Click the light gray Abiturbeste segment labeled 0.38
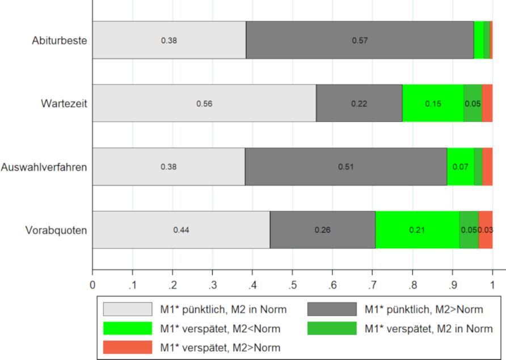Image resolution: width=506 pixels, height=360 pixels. pyautogui.click(x=169, y=40)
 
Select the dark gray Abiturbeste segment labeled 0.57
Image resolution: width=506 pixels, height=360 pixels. pyautogui.click(x=360, y=40)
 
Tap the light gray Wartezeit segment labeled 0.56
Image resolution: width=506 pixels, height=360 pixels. pyautogui.click(x=204, y=103)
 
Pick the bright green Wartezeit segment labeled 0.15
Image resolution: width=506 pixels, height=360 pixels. pyautogui.click(x=433, y=103)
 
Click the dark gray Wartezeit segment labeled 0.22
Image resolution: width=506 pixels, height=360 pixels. pyautogui.click(x=359, y=103)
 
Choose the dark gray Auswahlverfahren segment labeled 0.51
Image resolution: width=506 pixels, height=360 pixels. pyautogui.click(x=346, y=167)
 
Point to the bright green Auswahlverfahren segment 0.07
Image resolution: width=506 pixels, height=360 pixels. pyautogui.click(x=460, y=167)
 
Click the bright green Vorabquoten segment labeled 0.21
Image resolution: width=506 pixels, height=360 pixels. pyautogui.click(x=417, y=230)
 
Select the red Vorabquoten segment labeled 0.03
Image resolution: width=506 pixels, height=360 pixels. pyautogui.click(x=486, y=230)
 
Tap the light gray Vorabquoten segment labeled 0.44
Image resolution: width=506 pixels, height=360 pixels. pyautogui.click(x=181, y=230)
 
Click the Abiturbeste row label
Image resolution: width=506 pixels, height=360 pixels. pyautogui.click(x=59, y=40)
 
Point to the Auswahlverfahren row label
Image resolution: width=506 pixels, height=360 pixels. pyautogui.click(x=44, y=167)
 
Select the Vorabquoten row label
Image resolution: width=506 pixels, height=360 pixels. pyautogui.click(x=56, y=230)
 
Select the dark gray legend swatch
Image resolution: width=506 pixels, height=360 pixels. pyautogui.click(x=332, y=309)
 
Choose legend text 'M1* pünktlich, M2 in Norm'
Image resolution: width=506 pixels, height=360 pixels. pyautogui.click(x=224, y=309)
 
